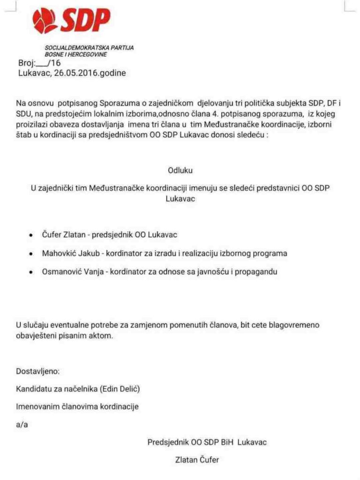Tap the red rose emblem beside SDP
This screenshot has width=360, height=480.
[45, 21]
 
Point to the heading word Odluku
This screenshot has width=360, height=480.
[180, 171]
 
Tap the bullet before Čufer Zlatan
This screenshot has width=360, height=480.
[31, 235]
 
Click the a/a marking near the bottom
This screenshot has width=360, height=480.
[22, 425]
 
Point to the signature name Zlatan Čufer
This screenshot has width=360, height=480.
[196, 460]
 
